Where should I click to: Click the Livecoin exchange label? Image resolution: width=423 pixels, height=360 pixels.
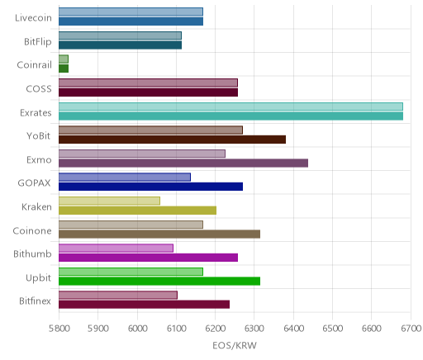point(33,18)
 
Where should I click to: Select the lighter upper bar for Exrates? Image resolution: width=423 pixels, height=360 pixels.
point(231,107)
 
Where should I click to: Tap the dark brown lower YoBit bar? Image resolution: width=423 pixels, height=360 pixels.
point(172,140)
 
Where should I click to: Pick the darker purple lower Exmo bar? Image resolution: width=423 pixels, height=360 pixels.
point(183,163)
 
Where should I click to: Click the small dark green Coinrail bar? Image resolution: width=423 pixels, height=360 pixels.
point(64,69)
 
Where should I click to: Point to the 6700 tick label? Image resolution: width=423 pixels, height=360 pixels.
point(411,329)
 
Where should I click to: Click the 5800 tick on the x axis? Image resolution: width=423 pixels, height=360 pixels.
point(59,329)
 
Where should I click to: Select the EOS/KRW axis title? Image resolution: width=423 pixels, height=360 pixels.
point(235,345)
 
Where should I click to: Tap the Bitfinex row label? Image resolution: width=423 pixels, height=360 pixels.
point(35,301)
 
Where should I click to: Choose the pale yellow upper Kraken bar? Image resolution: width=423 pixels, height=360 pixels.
point(109,201)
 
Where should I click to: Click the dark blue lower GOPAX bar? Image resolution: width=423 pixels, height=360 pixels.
point(150,187)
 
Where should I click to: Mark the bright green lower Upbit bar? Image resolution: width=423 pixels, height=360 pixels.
point(159,282)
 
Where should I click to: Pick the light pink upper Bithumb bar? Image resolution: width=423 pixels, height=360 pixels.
point(116,248)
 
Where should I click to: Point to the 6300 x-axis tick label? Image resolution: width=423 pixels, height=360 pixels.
point(254,329)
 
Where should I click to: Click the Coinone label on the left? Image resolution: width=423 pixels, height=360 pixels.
point(32,230)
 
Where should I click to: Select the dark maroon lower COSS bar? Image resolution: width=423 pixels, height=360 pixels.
point(148,92)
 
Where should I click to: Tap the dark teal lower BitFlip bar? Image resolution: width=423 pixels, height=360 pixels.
point(120,45)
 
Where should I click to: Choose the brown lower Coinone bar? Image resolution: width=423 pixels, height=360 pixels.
point(159,234)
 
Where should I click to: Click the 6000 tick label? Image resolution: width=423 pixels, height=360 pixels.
point(137,329)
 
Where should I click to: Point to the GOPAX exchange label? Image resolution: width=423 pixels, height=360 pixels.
point(34,183)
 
